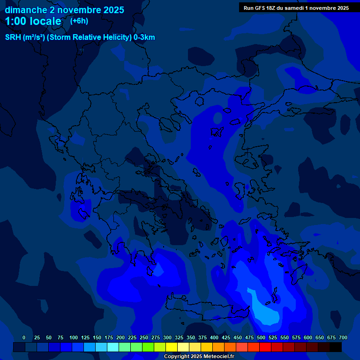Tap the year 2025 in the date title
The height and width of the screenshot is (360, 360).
pyautogui.click(x=111, y=10)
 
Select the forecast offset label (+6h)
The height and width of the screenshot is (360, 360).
pyautogui.click(x=79, y=21)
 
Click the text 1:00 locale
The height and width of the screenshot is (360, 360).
pyautogui.click(x=33, y=22)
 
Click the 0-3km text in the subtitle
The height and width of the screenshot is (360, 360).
pyautogui.click(x=144, y=37)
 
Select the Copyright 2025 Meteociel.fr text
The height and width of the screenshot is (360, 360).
pyautogui.click(x=198, y=356)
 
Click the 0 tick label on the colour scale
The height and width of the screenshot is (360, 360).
pyautogui.click(x=24, y=337)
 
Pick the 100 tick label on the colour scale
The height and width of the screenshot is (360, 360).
pyautogui.click(x=74, y=337)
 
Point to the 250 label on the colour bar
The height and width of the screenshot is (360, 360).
pyautogui.click(x=144, y=337)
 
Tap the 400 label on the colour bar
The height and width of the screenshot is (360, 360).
pyautogui.click(x=214, y=337)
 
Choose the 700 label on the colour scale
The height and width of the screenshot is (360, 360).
pyautogui.click(x=343, y=337)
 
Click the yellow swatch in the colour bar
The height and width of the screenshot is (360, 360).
pyautogui.click(x=172, y=347)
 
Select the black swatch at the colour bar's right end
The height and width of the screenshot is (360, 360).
pyautogui.click(x=336, y=347)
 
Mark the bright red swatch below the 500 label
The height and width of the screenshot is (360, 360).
pyautogui.click(x=265, y=347)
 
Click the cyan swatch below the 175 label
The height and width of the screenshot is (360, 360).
pyautogui.click(x=113, y=347)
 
